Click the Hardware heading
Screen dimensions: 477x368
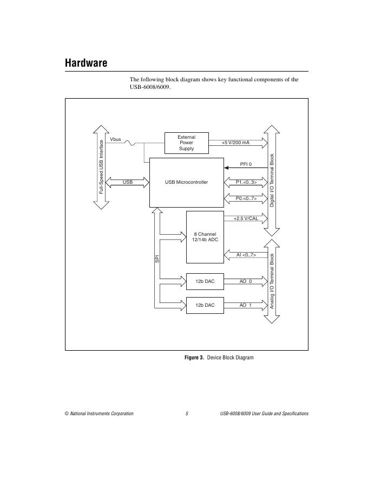(x=86, y=63)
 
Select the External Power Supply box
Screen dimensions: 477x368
(x=186, y=143)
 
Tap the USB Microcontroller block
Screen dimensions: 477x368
(x=186, y=182)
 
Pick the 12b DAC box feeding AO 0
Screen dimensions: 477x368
(x=205, y=281)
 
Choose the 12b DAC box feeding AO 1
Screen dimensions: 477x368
(x=205, y=305)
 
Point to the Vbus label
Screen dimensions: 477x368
(x=115, y=139)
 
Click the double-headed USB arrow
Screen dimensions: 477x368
(x=128, y=182)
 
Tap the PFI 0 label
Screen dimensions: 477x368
(x=246, y=163)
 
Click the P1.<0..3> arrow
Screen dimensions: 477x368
(x=246, y=182)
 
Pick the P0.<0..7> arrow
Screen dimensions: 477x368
(x=246, y=199)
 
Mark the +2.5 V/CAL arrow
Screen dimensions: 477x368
(x=246, y=218)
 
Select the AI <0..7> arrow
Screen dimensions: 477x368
(x=246, y=255)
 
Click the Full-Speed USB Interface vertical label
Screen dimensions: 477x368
(x=101, y=167)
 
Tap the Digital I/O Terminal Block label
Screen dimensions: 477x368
(x=272, y=180)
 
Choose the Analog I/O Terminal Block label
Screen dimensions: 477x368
(x=272, y=281)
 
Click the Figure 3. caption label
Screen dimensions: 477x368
(x=194, y=358)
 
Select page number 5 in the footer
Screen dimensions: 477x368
(x=187, y=414)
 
